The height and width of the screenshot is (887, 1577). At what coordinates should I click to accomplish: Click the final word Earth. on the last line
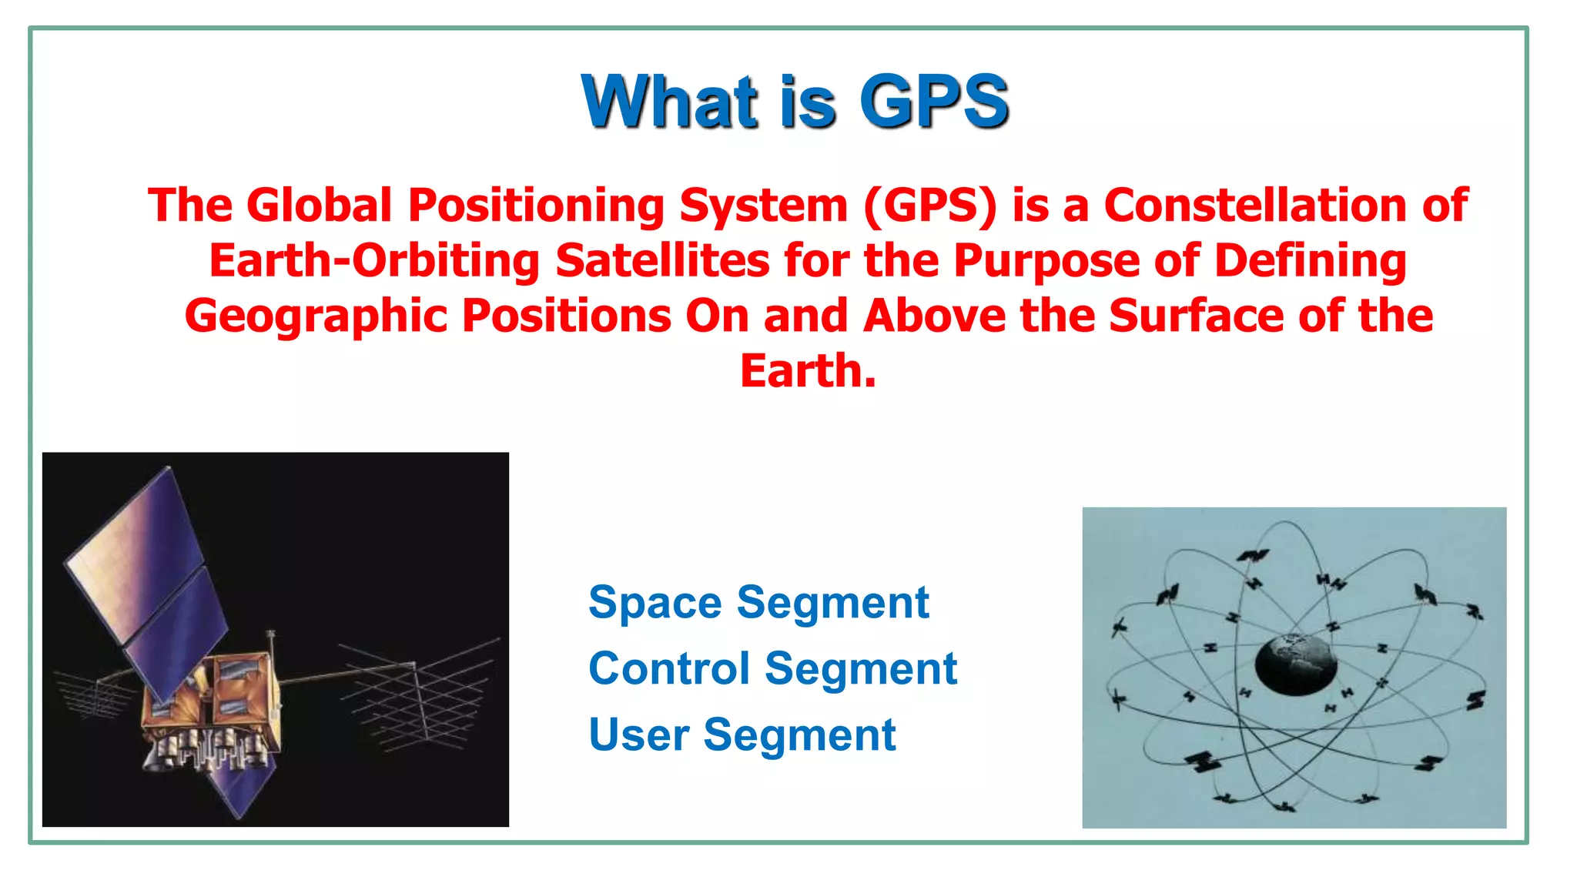pos(808,372)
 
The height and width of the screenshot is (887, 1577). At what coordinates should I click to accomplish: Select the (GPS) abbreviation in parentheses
pos(930,206)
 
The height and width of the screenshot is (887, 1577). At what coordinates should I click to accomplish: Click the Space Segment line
pos(758,602)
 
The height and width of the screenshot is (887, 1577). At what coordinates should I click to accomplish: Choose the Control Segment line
pos(772,668)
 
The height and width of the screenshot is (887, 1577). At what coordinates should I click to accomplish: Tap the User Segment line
pos(742,735)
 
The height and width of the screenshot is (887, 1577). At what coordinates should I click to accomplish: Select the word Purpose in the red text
pos(1046,261)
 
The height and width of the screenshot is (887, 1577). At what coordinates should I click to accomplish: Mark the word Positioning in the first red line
pos(536,206)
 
